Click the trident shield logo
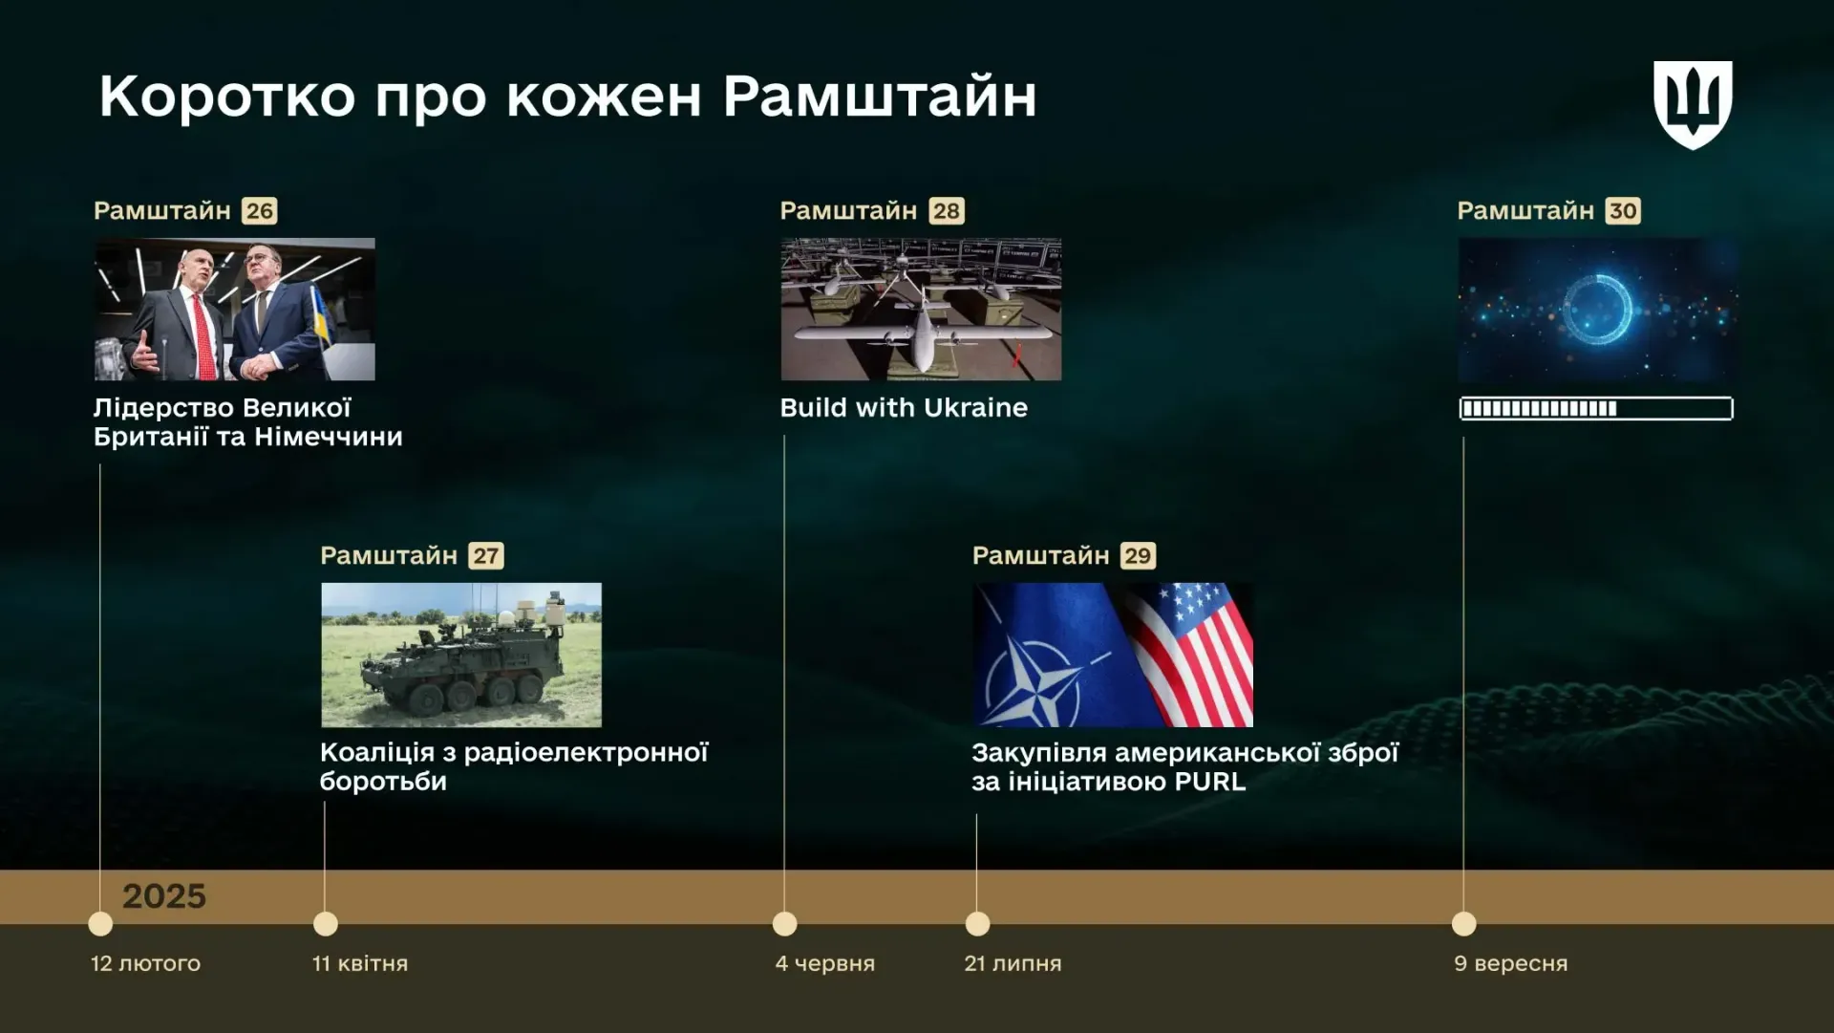pyautogui.click(x=1693, y=104)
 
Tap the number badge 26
pyautogui.click(x=260, y=210)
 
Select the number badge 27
pyautogui.click(x=486, y=555)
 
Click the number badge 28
pyautogui.click(x=947, y=210)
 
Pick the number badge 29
pyautogui.click(x=1138, y=555)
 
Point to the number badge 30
pyautogui.click(x=1623, y=210)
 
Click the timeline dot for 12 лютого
pyautogui.click(x=100, y=924)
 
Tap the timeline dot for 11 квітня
pyautogui.click(x=326, y=924)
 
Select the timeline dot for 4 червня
pyautogui.click(x=785, y=924)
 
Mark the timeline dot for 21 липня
pyautogui.click(x=977, y=924)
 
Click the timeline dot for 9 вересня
pyautogui.click(x=1464, y=924)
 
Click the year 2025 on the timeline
pyautogui.click(x=164, y=896)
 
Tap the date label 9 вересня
pyautogui.click(x=1511, y=963)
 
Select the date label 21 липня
pyautogui.click(x=1013, y=963)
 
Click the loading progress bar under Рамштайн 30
pyautogui.click(x=1596, y=409)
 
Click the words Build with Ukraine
pyautogui.click(x=904, y=408)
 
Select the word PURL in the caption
pyautogui.click(x=1210, y=782)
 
